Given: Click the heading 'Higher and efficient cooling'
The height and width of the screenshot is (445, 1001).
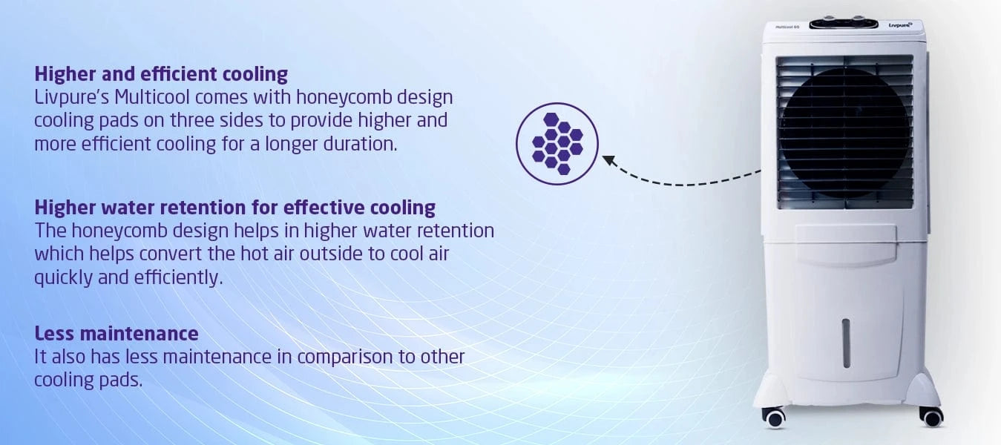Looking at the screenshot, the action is click(x=161, y=74).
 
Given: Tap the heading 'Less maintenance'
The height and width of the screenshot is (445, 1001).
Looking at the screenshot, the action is click(x=116, y=333).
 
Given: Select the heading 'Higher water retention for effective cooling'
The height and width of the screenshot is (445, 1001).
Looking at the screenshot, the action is click(x=235, y=208).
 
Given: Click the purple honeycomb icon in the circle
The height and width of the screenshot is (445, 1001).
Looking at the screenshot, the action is click(x=557, y=144).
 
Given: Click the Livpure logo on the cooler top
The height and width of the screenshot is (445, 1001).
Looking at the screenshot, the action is click(x=900, y=25).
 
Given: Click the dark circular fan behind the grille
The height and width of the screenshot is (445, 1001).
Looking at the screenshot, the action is click(x=844, y=133).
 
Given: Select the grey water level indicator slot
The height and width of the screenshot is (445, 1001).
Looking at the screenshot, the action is click(x=846, y=343).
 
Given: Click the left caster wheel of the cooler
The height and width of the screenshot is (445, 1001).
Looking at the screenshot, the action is click(x=774, y=418).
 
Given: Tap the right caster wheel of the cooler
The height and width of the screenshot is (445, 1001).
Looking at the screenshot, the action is click(x=932, y=417).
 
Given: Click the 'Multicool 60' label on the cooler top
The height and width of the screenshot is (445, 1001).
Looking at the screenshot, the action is click(x=787, y=27).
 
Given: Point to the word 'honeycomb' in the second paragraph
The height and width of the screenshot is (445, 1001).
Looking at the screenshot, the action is click(x=119, y=231).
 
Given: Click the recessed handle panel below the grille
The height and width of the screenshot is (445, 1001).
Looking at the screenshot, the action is click(x=845, y=245).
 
